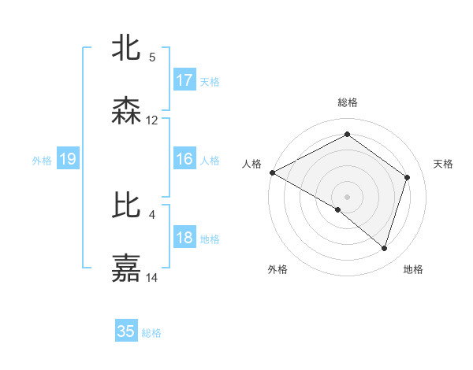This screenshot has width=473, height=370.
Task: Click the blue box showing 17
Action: [184, 80]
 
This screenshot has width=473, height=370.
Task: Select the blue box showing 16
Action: [184, 159]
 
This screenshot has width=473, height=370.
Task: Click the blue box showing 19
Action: [67, 159]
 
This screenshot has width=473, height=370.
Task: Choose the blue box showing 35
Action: [126, 331]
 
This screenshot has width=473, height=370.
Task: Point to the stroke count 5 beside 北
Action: [152, 57]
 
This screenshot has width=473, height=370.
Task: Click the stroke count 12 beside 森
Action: [152, 120]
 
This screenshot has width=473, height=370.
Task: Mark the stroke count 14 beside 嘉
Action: [152, 278]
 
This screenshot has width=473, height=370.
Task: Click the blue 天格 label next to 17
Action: [210, 81]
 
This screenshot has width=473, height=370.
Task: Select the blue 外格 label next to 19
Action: [42, 160]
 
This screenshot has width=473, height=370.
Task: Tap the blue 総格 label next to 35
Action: [151, 332]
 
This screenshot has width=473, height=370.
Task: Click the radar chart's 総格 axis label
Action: [348, 103]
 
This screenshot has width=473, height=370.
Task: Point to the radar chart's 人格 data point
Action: [272, 172]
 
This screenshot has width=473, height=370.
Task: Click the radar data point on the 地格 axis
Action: [384, 248]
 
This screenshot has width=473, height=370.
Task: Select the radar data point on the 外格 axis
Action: [338, 209]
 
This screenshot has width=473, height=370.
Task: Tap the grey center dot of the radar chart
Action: [348, 196]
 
